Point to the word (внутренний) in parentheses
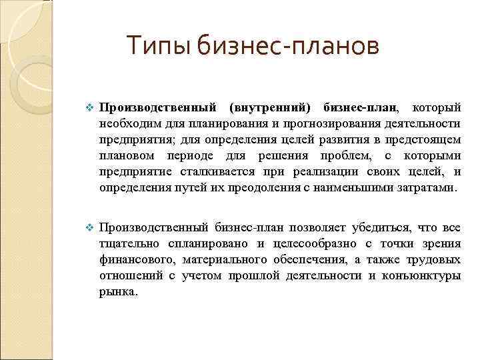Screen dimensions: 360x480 click(x=270, y=107)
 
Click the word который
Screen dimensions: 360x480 click(x=436, y=107)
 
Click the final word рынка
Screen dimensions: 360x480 click(x=117, y=292)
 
